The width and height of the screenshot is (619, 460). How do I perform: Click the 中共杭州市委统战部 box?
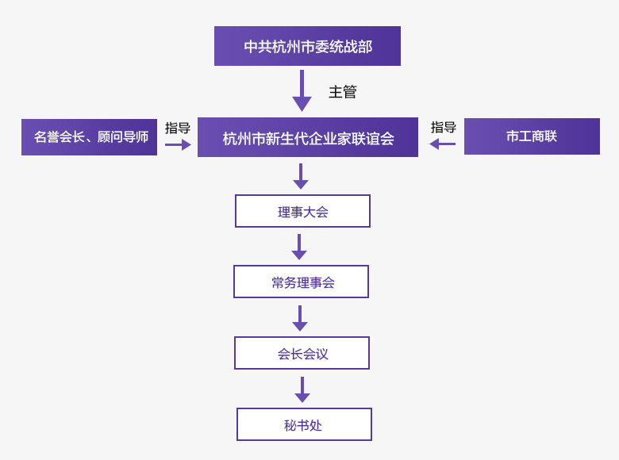click(x=307, y=46)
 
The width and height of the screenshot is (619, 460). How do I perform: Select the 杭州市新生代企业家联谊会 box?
click(x=308, y=137)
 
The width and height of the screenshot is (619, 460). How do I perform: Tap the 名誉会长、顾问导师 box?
click(x=89, y=137)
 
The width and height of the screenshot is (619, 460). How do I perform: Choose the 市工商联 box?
click(x=532, y=136)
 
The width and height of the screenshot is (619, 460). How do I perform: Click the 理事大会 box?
click(x=303, y=211)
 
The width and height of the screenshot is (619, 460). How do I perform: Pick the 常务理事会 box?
click(x=302, y=282)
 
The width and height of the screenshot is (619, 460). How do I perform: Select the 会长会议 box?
click(x=302, y=353)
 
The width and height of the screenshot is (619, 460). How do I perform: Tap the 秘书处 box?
click(x=305, y=424)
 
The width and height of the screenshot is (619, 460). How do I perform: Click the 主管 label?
click(x=343, y=91)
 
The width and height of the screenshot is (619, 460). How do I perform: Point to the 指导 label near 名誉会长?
click(x=178, y=128)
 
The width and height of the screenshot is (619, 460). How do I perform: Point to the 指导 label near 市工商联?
click(x=444, y=127)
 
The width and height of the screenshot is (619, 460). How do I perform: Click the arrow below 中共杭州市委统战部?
click(x=302, y=90)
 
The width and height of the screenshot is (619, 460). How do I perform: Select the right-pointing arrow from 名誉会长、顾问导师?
click(x=178, y=145)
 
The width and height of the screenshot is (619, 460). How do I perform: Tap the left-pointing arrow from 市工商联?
click(x=443, y=144)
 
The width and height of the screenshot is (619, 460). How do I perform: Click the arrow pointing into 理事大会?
click(x=301, y=176)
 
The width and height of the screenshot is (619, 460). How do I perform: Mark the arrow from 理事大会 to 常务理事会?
click(x=299, y=247)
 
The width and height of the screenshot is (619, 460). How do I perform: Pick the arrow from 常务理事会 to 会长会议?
click(x=300, y=318)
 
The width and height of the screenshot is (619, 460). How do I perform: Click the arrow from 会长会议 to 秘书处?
click(x=302, y=389)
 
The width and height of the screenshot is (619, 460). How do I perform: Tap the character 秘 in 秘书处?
click(x=290, y=425)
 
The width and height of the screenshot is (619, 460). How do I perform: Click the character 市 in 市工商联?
click(x=513, y=136)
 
